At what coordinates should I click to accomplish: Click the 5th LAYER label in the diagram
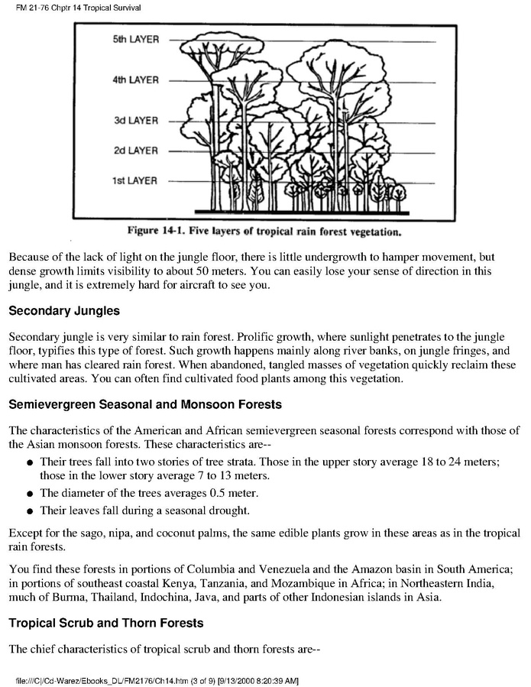click(x=135, y=40)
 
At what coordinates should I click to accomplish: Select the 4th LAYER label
click(x=135, y=79)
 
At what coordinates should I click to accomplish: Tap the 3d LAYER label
click(x=136, y=121)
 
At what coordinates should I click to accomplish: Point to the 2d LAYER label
click(x=136, y=151)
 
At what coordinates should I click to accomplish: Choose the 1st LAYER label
click(x=136, y=181)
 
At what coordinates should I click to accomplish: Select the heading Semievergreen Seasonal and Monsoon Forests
click(x=145, y=404)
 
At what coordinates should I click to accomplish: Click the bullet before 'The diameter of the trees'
click(x=28, y=494)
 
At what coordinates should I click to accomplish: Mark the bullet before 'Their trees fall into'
click(x=28, y=463)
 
